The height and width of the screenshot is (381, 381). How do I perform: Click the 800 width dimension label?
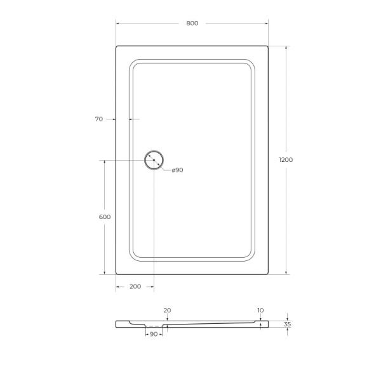tap(192, 23)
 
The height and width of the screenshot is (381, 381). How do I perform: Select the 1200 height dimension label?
tap(286, 160)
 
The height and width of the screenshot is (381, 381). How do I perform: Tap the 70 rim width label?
tap(98, 119)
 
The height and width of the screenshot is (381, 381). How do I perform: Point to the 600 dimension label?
tap(105, 217)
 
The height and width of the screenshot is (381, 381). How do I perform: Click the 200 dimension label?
tap(135, 287)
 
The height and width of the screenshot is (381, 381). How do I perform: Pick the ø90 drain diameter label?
tap(177, 170)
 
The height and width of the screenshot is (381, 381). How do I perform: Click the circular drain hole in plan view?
tap(154, 160)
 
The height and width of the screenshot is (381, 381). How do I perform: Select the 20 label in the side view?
tap(167, 311)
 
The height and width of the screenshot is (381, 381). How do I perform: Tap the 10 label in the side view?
tap(260, 311)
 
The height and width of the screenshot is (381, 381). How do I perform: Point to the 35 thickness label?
tap(287, 324)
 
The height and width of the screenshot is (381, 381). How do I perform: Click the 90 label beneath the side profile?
tap(153, 334)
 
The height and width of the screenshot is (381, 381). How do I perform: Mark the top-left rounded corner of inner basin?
tap(134, 65)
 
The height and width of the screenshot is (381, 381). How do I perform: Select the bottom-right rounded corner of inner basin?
tap(247, 256)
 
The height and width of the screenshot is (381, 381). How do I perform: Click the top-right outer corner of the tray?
tap(267, 46)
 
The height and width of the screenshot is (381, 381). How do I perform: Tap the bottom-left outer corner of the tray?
tap(117, 274)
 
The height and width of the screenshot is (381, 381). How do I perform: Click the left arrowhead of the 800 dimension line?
tap(117, 23)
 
